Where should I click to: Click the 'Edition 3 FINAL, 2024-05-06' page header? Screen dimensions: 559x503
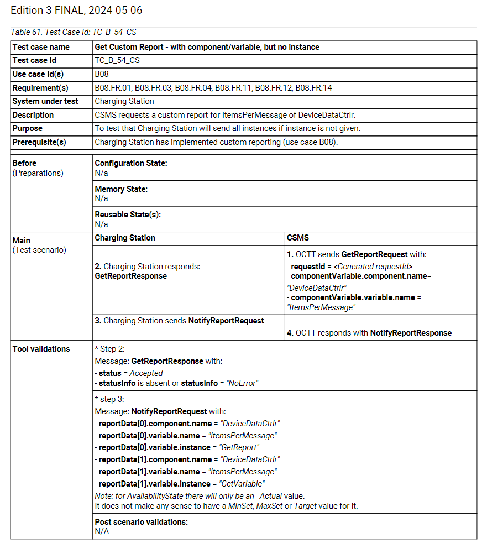[76, 11]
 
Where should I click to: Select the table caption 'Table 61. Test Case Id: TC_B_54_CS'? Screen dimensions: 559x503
[74, 33]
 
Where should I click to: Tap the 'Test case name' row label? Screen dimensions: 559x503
[41, 47]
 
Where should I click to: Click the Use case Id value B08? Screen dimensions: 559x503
[102, 74]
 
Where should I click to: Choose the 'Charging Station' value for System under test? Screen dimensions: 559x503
[124, 101]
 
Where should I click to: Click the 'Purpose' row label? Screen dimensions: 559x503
[28, 128]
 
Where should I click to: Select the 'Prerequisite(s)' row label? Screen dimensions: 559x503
[39, 142]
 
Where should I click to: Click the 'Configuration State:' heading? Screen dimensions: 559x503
[131, 163]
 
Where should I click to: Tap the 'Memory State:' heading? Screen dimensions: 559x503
[121, 189]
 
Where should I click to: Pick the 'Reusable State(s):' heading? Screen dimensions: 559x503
[128, 215]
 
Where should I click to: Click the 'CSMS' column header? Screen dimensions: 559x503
[298, 238]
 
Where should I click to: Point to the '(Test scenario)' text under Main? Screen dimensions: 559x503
[39, 250]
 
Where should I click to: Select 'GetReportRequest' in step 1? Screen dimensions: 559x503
[374, 254]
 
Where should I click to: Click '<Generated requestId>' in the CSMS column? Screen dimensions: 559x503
[373, 267]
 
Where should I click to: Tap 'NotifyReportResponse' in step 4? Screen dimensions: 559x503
[411, 333]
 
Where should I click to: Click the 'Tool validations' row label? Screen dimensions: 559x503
[41, 349]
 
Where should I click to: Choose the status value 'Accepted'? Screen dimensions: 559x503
[146, 373]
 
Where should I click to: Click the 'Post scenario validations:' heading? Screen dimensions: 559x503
[141, 521]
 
